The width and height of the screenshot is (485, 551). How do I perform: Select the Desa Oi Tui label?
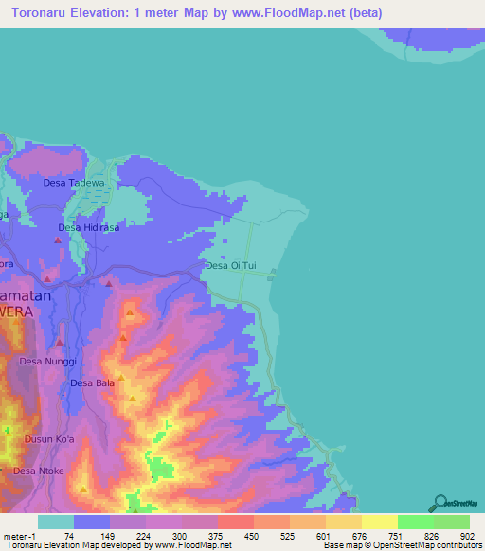(231, 267)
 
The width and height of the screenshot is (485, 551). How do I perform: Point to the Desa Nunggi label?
(47, 362)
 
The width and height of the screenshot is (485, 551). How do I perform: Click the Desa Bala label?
(92, 383)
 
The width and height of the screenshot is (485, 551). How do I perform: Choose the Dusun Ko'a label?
(49, 439)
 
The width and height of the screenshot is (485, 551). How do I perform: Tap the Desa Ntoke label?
(38, 471)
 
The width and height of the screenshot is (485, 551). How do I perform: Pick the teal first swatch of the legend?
(56, 522)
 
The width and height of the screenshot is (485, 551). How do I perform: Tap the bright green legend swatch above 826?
(416, 522)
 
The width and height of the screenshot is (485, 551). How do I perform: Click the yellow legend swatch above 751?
(380, 522)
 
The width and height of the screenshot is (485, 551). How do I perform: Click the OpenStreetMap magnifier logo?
(440, 503)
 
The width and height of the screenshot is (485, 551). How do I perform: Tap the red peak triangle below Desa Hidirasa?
(59, 241)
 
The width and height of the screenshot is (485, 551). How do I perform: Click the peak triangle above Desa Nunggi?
(60, 342)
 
